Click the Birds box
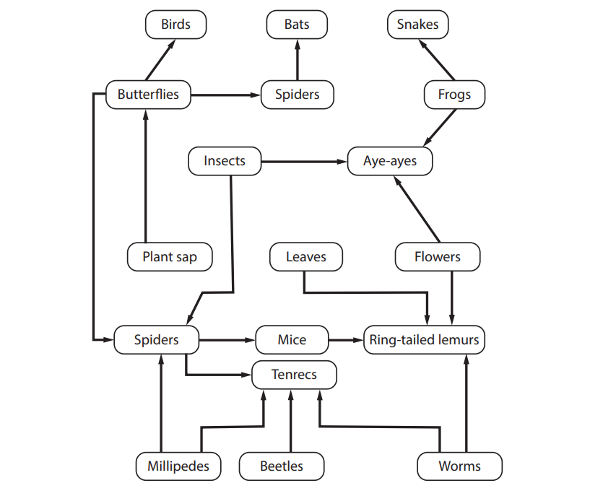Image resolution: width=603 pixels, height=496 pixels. click(175, 25)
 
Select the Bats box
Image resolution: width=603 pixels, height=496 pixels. click(297, 25)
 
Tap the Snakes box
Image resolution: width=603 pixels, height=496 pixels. click(417, 25)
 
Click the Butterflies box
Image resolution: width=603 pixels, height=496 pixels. click(148, 95)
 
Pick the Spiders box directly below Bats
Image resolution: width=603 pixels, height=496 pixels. click(297, 95)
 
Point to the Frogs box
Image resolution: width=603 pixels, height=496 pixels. click(454, 95)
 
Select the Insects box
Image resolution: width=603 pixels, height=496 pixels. click(225, 161)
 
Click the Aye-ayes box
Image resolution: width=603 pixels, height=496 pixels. click(390, 161)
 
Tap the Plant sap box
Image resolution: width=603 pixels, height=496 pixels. click(170, 257)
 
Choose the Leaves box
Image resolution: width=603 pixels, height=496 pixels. click(306, 257)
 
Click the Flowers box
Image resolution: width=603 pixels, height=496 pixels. click(438, 257)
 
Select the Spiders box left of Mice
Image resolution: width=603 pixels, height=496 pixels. click(156, 340)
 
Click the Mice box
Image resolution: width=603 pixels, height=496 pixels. click(292, 340)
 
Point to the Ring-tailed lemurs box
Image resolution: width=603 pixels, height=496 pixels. click(424, 340)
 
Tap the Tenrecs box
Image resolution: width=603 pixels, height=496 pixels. click(294, 375)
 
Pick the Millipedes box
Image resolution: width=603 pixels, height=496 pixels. click(178, 466)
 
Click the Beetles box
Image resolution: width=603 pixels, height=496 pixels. click(282, 466)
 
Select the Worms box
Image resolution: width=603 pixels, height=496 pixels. click(459, 466)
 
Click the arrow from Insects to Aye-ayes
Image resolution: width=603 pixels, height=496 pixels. click(304, 161)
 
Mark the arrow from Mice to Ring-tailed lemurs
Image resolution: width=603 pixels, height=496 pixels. click(345, 340)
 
